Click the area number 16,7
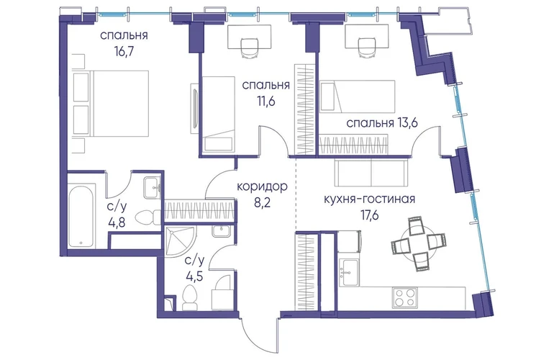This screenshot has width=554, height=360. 124,53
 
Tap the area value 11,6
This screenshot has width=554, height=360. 266,102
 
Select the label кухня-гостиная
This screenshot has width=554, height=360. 369,199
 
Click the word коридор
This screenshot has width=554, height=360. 262,186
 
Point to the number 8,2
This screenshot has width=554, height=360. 262,203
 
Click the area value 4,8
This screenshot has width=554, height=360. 117,223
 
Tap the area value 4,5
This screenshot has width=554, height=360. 195,276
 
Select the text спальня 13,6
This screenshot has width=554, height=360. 382,123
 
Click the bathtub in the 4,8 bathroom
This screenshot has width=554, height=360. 82,216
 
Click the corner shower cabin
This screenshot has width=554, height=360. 180,242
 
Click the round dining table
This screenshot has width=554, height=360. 418,243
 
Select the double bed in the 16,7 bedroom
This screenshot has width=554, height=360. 111,103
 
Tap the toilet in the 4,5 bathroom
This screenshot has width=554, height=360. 190,298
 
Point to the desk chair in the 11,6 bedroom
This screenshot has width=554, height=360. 249,48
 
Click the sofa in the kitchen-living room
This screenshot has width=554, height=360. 371,171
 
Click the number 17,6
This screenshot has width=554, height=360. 369,216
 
